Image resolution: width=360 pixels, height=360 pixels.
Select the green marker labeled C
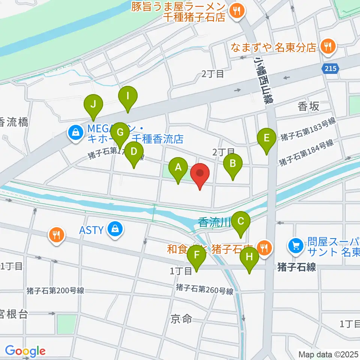(x=241, y=222)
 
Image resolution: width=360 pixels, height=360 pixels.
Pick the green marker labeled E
(x=267, y=138)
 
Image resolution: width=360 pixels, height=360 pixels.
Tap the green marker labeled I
(x=128, y=96)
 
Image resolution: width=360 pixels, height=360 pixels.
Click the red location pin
(x=200, y=174)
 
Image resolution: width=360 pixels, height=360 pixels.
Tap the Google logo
(x=25, y=351)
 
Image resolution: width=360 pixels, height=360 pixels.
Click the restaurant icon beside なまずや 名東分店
(x=328, y=47)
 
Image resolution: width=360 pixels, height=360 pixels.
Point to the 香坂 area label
(x=309, y=106)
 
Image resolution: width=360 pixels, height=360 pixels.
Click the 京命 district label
(x=181, y=319)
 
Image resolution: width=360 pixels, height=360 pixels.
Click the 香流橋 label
(x=14, y=122)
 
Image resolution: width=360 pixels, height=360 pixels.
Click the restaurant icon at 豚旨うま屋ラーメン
(x=237, y=10)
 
